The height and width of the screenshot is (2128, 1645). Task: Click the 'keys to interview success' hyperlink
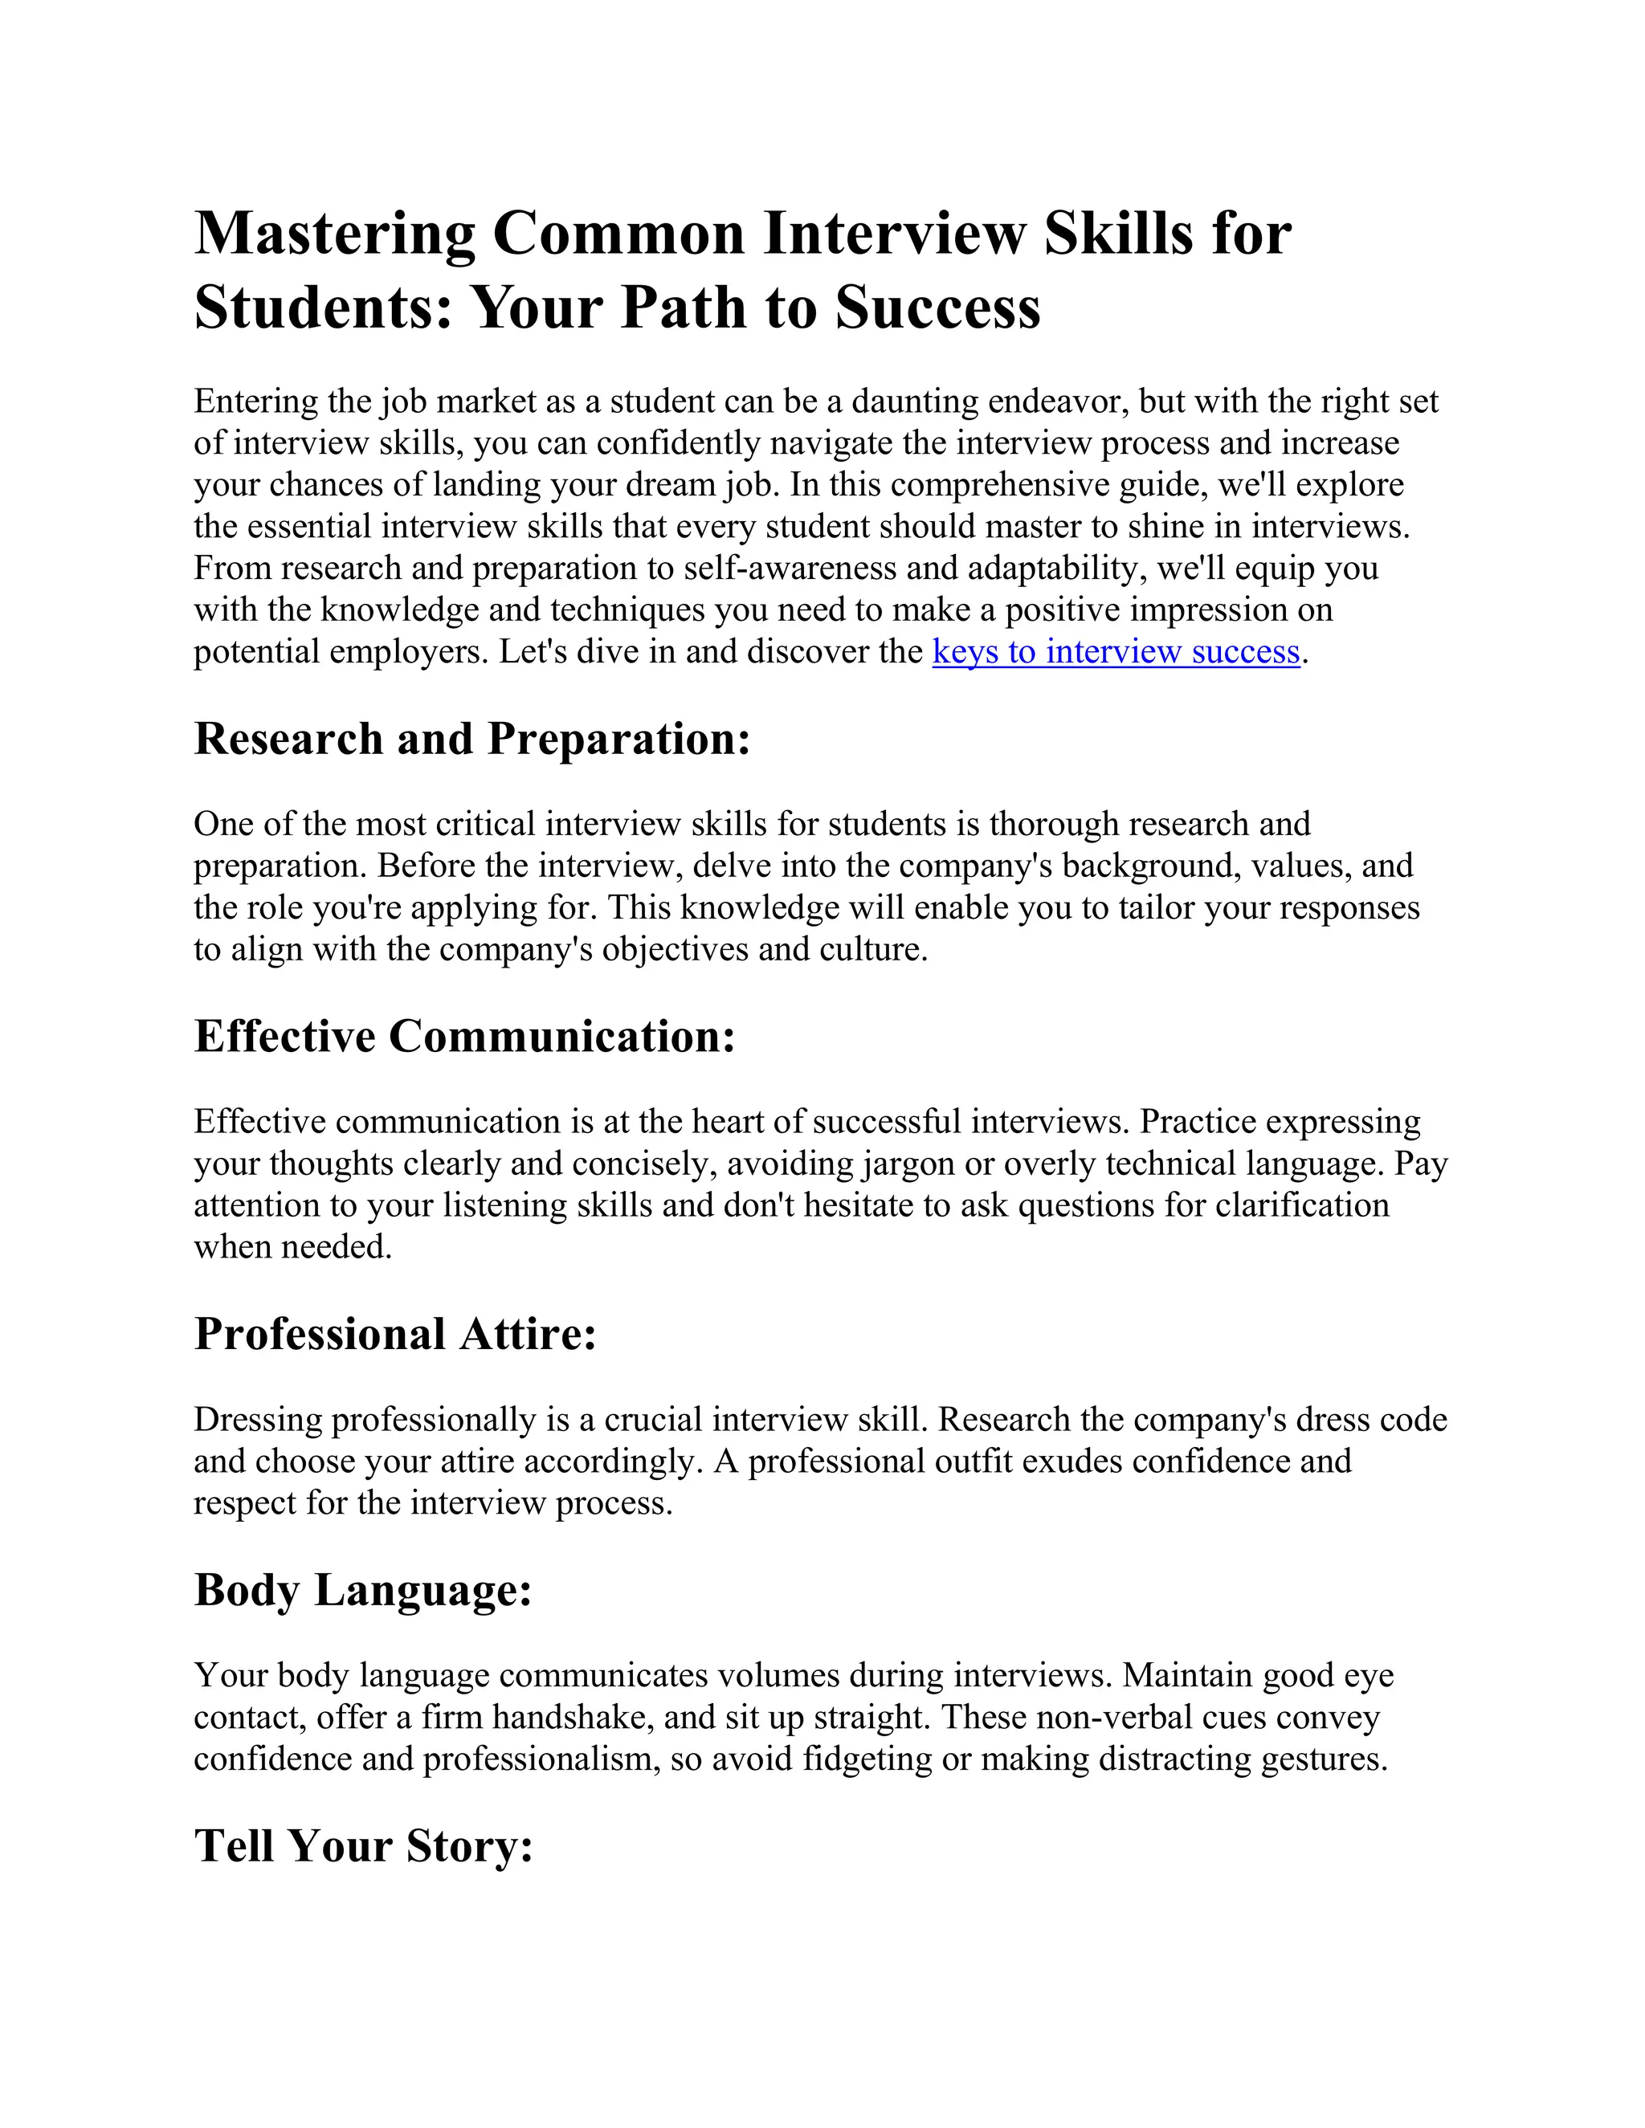(1116, 652)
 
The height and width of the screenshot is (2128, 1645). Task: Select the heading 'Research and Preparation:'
(472, 740)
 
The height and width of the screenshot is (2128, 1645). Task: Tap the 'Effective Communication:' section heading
(464, 1037)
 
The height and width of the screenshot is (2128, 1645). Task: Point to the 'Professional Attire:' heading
(394, 1335)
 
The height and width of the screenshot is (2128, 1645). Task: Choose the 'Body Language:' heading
(362, 1591)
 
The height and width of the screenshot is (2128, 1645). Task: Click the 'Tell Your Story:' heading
(364, 1846)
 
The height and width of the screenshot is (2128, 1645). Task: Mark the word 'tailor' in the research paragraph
(1156, 908)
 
